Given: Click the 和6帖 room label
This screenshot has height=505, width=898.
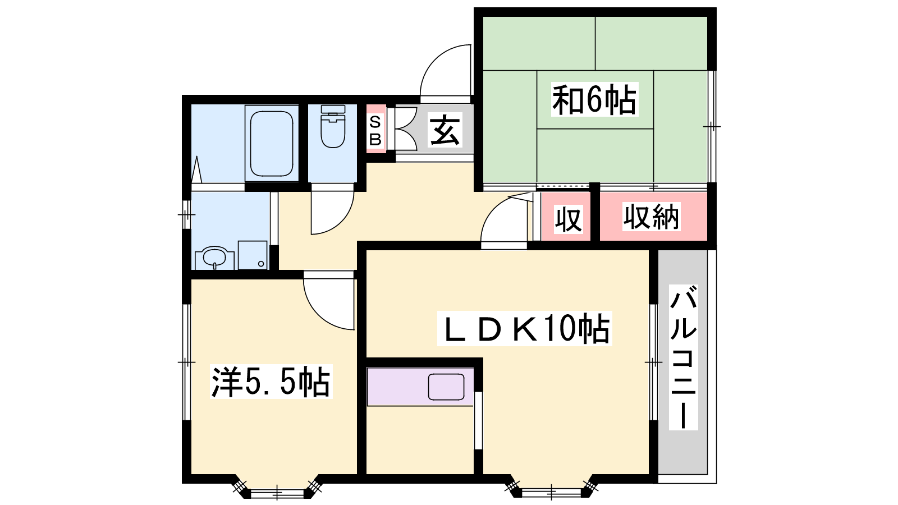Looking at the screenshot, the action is (x=594, y=99).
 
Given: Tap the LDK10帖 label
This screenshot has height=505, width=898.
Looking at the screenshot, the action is (x=524, y=328).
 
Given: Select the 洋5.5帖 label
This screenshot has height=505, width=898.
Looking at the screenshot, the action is (x=271, y=381).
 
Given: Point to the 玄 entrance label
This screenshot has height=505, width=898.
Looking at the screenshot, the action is (x=445, y=130).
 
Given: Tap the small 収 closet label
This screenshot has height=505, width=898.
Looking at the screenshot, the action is (x=568, y=219).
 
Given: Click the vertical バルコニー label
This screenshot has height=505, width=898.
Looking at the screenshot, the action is (x=683, y=357).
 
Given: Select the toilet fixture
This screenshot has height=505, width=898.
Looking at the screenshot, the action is (x=333, y=126).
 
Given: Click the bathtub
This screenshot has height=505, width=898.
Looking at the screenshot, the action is (x=272, y=144).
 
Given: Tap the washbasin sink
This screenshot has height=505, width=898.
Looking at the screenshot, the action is (x=214, y=258).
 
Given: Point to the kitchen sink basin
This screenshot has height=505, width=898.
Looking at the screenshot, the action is (x=446, y=387).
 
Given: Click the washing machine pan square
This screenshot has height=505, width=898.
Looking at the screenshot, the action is (x=253, y=255).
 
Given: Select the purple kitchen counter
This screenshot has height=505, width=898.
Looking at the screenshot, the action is (x=420, y=387).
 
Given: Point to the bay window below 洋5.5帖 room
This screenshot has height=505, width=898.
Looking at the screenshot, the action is (x=277, y=487).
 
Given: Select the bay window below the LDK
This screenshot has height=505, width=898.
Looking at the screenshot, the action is (x=551, y=487).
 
